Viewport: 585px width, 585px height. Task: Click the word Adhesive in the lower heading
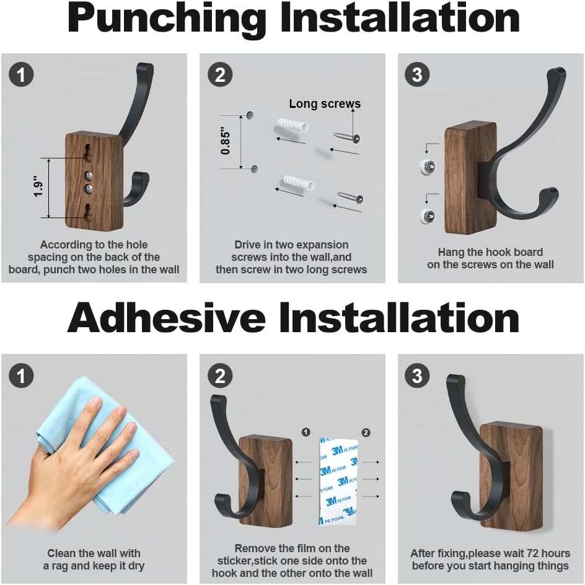tap(166, 319)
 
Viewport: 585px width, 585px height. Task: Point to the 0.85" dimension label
tap(226, 141)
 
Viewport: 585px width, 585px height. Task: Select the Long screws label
tap(325, 104)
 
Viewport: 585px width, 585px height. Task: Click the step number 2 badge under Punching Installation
tap(219, 76)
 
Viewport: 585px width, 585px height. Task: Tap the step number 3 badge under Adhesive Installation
tap(417, 376)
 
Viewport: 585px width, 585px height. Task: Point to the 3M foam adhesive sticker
tap(338, 480)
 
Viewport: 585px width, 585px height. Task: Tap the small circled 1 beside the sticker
tap(306, 432)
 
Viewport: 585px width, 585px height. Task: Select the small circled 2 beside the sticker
tap(366, 432)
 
